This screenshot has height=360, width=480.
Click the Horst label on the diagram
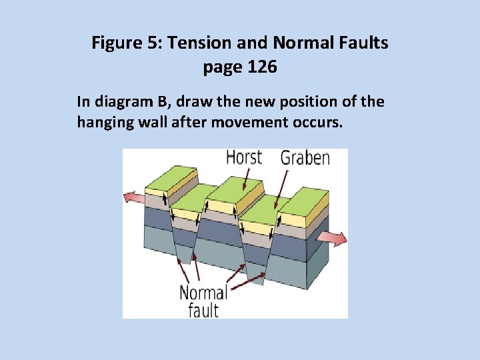[244, 158]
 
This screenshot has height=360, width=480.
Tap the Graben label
[305, 158]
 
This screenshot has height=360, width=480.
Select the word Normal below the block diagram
[203, 293]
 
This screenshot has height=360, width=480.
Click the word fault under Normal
[203, 309]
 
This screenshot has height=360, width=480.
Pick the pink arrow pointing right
[332, 238]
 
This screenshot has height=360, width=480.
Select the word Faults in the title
[363, 44]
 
